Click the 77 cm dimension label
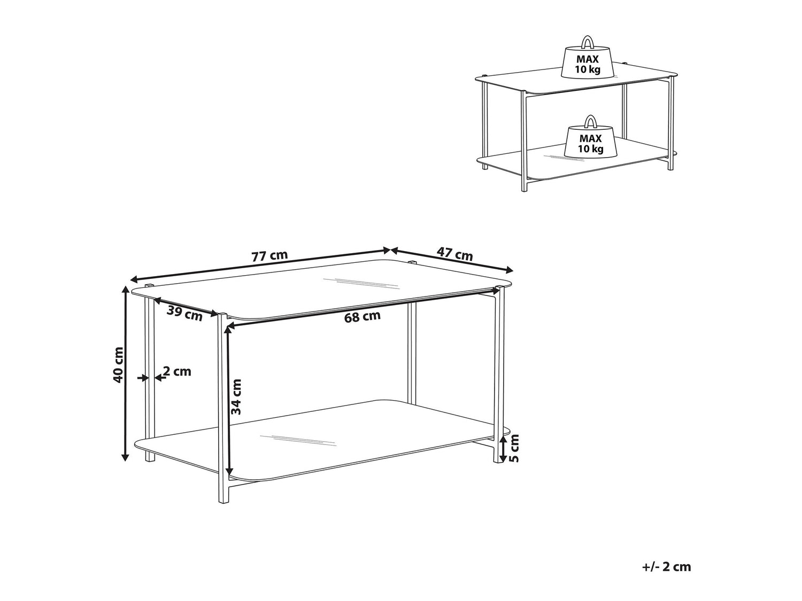[269, 255]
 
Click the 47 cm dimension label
[454, 254]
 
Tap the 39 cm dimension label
[184, 313]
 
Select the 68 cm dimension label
[362, 316]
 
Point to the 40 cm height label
[118, 365]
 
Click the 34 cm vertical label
[236, 396]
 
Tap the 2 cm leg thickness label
[177, 371]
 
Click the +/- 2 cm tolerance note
[666, 567]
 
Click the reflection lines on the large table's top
[360, 283]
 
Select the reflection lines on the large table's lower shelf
[297, 440]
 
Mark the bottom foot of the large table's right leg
[498, 459]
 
